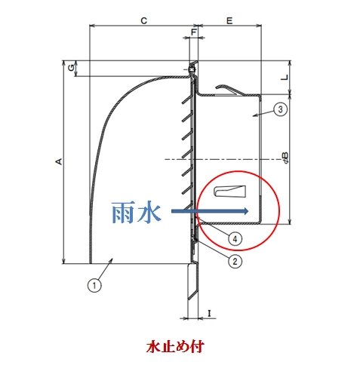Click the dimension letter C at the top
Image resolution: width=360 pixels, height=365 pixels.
tap(143, 20)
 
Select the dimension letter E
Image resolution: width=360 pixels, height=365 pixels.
tap(229, 20)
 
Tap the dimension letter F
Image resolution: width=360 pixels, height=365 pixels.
tap(193, 32)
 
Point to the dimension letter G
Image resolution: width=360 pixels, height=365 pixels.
tap(72, 67)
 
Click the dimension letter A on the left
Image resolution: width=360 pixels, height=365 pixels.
tap(59, 161)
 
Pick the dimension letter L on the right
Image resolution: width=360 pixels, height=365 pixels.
tap(285, 78)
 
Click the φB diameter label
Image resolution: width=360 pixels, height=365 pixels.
tap(285, 158)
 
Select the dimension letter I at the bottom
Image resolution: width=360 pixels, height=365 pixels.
tap(209, 313)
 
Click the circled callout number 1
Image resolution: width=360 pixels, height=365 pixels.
tap(94, 285)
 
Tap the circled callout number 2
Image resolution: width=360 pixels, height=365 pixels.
tap(235, 262)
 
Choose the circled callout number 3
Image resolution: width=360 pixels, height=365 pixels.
tap(280, 109)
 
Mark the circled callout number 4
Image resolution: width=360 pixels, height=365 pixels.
tap(235, 239)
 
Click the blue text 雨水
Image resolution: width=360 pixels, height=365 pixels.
tap(136, 212)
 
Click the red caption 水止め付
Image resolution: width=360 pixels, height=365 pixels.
tap(175, 347)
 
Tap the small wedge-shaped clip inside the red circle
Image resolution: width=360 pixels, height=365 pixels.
tap(229, 192)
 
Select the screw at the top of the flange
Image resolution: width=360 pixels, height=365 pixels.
tap(192, 69)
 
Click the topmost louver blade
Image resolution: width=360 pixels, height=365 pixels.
tap(187, 100)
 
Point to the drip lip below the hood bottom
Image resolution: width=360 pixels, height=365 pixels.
tap(193, 281)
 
